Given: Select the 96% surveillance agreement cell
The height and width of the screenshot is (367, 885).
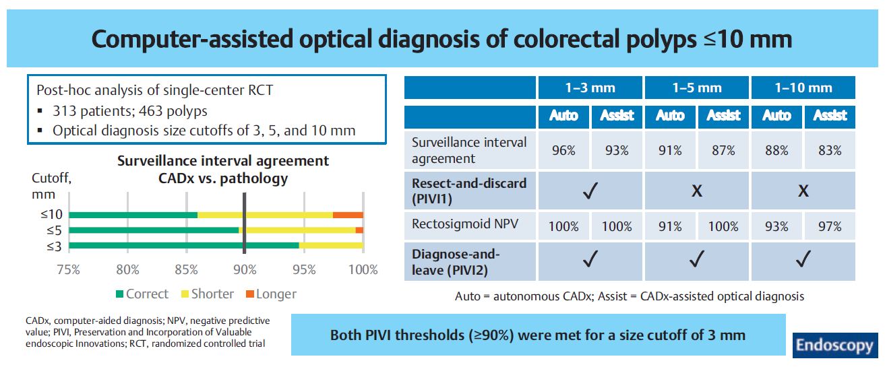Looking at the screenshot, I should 563,150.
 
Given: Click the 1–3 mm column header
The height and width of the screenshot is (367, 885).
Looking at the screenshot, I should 590,88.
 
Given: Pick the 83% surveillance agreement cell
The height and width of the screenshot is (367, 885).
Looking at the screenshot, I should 829,150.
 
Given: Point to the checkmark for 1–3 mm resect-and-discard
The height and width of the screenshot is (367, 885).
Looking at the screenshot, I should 590,191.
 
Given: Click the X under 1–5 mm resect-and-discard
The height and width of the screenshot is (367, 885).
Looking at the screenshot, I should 696,191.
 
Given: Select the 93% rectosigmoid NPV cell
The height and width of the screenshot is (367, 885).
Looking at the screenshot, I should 776,226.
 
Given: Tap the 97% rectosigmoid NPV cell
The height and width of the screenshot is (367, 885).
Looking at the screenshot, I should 829,226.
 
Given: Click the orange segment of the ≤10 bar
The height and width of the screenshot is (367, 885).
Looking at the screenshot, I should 348,215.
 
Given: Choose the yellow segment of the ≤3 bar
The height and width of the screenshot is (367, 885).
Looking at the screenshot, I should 331,245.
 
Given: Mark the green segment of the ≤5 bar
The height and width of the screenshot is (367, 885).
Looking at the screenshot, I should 154,230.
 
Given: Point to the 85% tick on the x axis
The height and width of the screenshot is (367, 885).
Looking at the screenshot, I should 186,270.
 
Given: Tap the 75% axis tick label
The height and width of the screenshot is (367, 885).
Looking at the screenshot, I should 69,270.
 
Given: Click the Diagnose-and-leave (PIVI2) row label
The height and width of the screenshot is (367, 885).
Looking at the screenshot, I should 453,261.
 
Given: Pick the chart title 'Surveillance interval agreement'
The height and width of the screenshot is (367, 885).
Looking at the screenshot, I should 223,161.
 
